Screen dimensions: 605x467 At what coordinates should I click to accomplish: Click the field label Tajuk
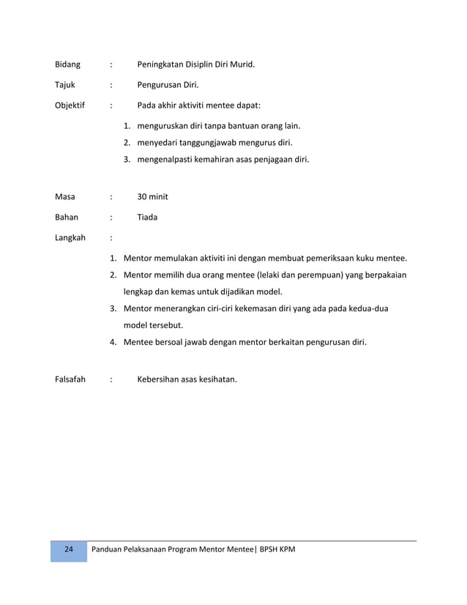tap(65, 85)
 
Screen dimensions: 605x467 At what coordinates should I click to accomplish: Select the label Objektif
tap(70, 105)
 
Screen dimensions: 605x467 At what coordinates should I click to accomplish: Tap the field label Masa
tap(65, 197)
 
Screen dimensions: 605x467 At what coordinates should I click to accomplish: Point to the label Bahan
tap(67, 218)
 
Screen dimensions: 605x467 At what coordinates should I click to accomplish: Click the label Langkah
tap(70, 238)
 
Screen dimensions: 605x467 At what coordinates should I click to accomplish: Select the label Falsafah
tap(70, 379)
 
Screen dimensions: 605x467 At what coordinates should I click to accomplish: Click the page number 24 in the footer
tap(68, 550)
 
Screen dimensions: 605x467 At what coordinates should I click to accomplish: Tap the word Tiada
tap(147, 218)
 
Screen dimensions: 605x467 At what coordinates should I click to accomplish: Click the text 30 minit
tap(153, 197)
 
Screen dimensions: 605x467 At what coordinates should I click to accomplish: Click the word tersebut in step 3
tap(166, 325)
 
